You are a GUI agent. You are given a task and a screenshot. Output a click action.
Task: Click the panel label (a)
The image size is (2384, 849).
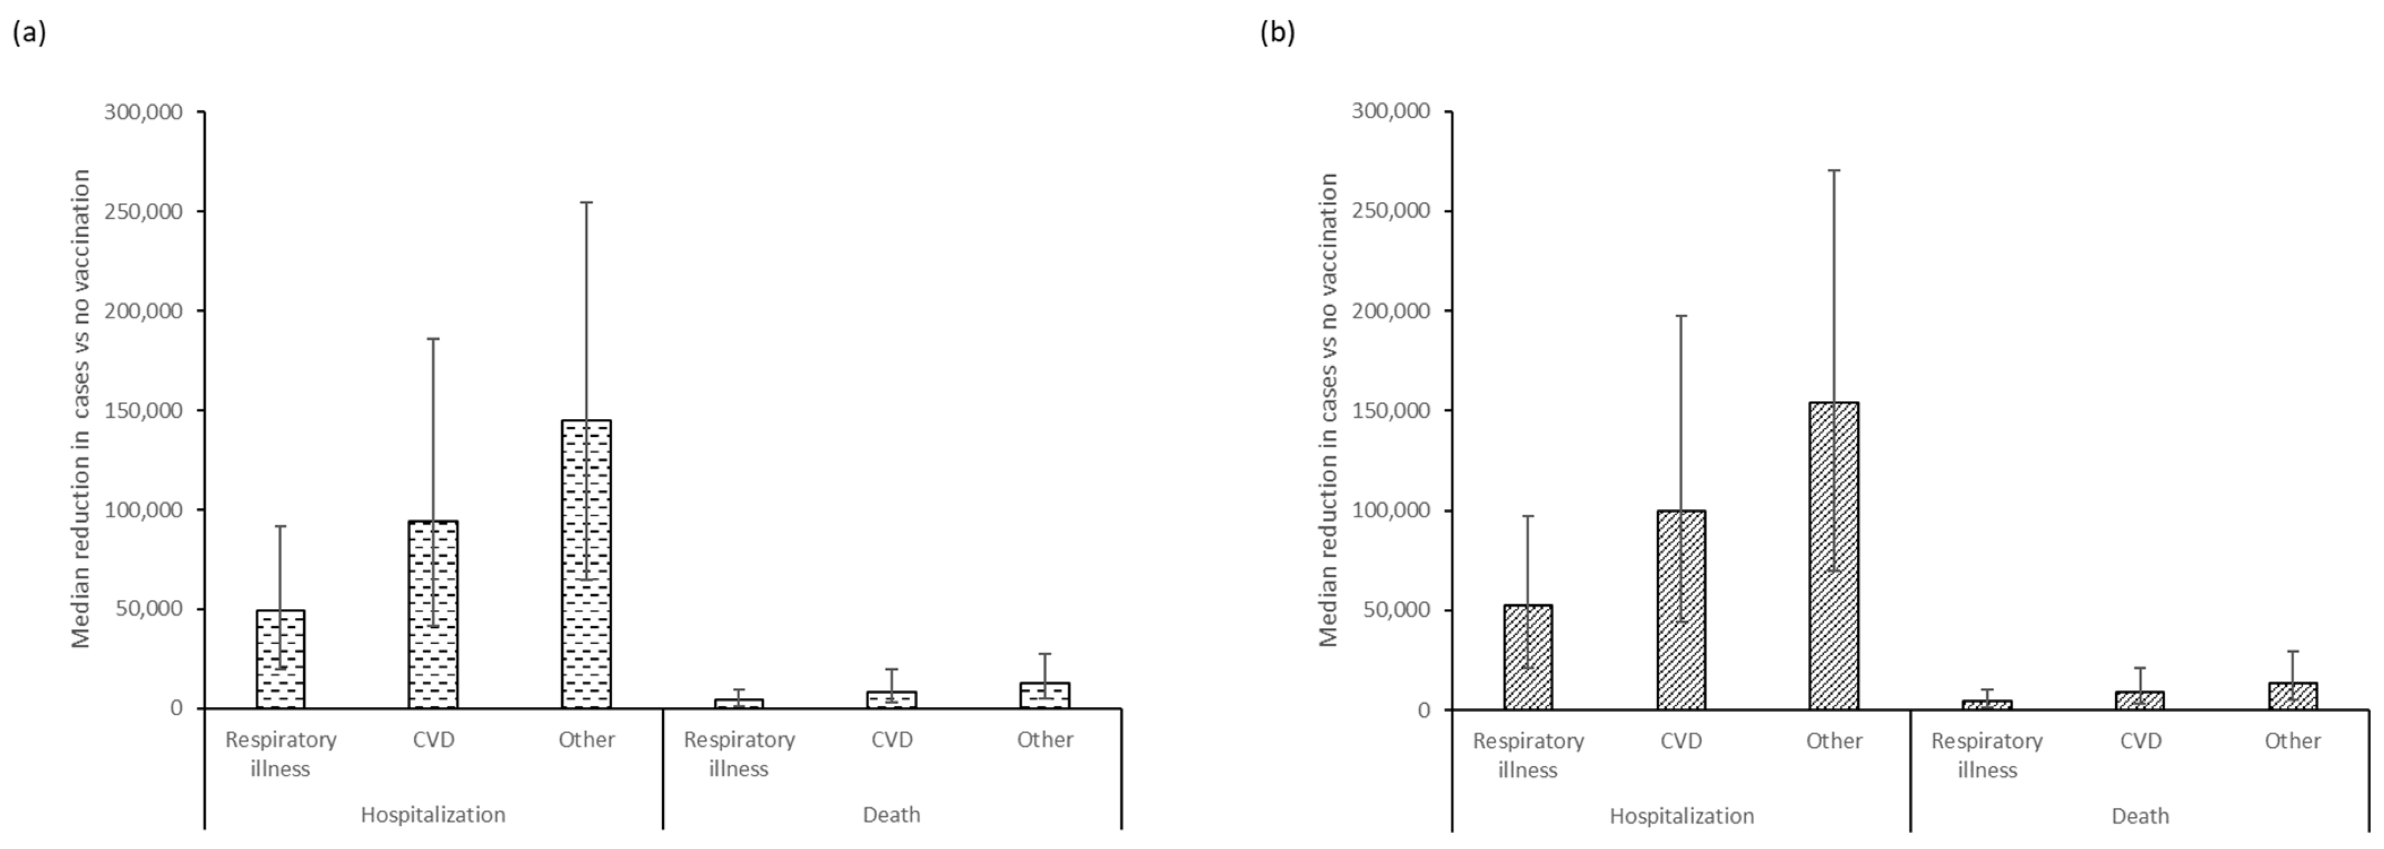(29, 33)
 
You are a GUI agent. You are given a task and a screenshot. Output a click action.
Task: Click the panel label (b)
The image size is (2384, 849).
(1277, 33)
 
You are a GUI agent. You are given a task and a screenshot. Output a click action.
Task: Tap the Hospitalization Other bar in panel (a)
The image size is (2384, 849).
(586, 564)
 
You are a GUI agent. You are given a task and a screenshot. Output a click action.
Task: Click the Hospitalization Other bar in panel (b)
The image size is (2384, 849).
(1833, 556)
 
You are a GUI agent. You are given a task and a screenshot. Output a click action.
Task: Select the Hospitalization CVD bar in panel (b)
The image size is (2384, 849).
(1681, 610)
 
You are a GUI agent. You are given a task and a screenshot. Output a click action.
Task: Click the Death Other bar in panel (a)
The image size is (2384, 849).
(1045, 695)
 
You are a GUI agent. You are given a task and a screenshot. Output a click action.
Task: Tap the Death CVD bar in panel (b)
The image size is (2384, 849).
(2140, 701)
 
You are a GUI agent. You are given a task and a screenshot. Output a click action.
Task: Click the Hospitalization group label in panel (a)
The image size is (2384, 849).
(433, 815)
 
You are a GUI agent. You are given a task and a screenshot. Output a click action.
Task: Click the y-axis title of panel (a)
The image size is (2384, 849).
(81, 409)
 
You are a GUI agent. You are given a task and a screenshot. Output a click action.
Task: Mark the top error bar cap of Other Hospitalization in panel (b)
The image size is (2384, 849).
(1833, 170)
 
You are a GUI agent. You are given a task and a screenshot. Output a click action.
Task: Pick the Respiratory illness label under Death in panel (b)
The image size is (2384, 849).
(1987, 755)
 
